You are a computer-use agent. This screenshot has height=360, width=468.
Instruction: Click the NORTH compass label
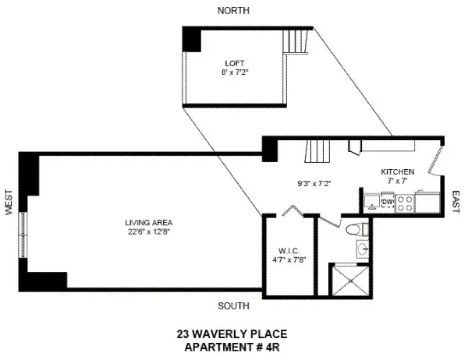click(x=234, y=10)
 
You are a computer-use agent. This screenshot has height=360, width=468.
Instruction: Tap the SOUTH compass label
click(x=234, y=305)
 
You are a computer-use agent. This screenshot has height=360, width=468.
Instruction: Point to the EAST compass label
click(x=456, y=203)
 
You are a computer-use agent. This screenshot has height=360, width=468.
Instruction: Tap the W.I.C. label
click(x=289, y=251)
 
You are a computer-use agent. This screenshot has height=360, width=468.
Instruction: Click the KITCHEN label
click(x=396, y=171)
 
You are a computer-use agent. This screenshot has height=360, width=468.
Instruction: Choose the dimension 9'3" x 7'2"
click(x=314, y=184)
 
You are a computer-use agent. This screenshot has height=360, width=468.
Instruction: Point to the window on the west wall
click(x=24, y=233)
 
